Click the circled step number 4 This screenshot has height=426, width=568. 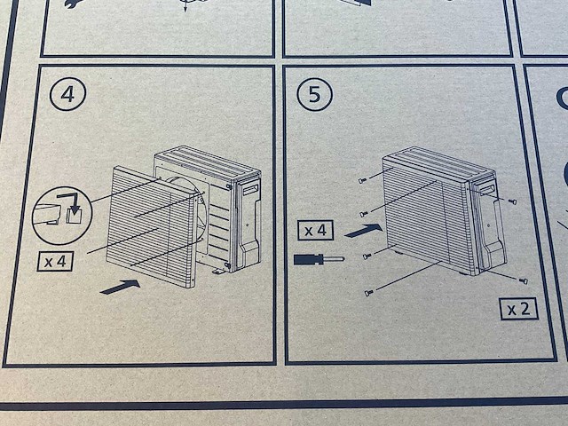click(67, 94)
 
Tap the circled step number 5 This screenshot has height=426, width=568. click(314, 94)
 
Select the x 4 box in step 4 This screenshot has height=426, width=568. click(55, 261)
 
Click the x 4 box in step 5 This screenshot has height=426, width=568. click(316, 231)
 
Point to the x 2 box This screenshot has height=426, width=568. click(518, 309)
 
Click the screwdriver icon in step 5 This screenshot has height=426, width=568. click(319, 259)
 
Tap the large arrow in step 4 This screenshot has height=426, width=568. click(121, 287)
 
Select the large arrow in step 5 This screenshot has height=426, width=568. click(364, 231)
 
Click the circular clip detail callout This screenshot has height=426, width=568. click(62, 216)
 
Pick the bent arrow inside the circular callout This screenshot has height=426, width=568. click(71, 202)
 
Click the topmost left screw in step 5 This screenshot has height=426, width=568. click(363, 180)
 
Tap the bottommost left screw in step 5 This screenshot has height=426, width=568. click(369, 292)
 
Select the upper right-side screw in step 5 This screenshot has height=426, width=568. click(512, 201)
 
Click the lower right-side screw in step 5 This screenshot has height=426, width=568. click(523, 280)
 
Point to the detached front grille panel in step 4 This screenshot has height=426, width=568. click(152, 226)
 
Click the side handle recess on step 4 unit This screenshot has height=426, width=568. click(250, 189)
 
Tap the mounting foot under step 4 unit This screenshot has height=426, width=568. click(219, 271)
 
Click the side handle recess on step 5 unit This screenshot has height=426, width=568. click(485, 186)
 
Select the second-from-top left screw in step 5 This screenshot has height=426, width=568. click(364, 214)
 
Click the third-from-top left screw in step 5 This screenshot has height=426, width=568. click(367, 256)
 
